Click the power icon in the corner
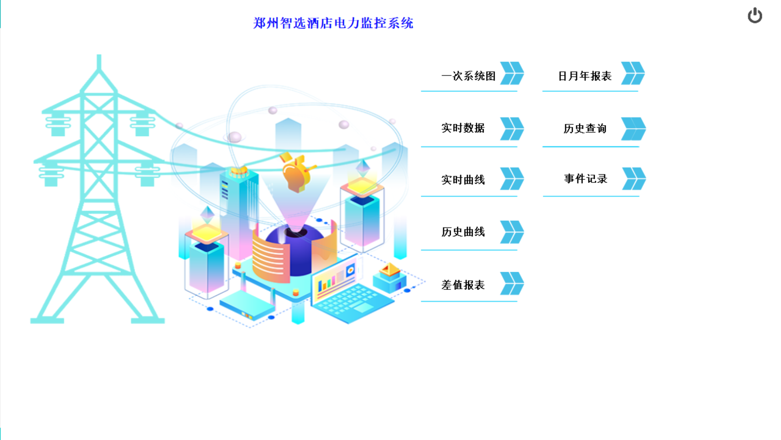tap(755, 15)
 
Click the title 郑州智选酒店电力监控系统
tap(333, 23)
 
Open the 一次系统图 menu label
tap(468, 76)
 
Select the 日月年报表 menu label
tap(585, 76)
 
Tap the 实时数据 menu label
tap(463, 128)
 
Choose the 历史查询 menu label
tap(585, 129)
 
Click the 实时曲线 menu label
tap(463, 180)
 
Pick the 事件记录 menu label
tap(585, 178)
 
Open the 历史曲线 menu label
tap(463, 232)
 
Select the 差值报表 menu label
tap(463, 285)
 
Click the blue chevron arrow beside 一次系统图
tap(512, 73)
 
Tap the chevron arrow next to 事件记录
tap(634, 178)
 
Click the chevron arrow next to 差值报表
tap(512, 283)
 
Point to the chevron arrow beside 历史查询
tap(633, 129)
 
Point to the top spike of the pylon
tap(99, 61)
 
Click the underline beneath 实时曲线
tap(469, 196)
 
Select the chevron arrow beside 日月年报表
tap(633, 73)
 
